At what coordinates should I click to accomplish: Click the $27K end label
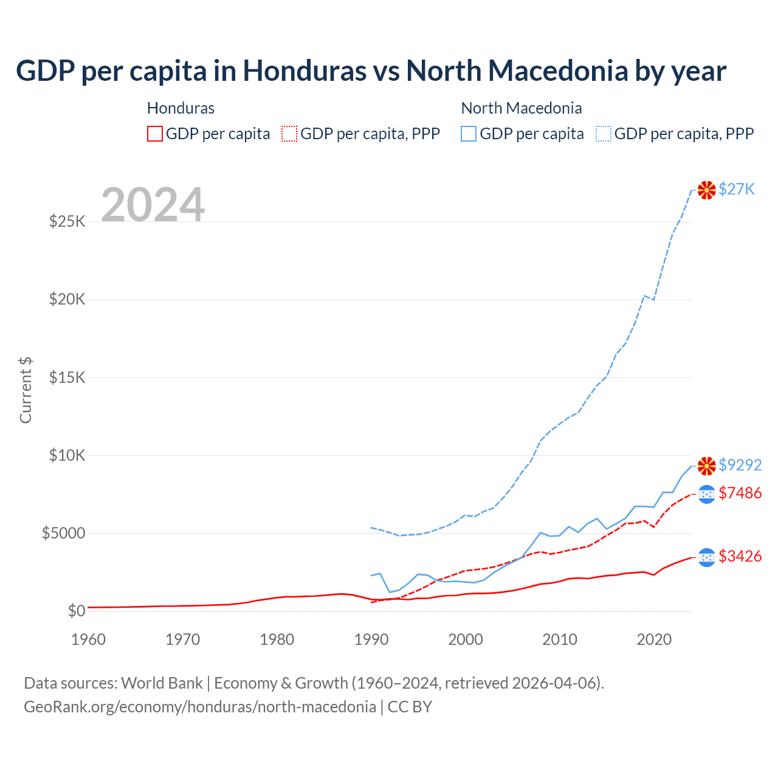736,189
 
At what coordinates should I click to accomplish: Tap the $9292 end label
740,465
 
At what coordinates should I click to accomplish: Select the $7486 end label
740,493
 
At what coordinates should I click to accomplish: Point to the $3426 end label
740,556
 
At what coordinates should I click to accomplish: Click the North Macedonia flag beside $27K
706,190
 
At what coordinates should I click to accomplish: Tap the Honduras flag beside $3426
706,557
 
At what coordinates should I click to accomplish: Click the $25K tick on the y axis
67,221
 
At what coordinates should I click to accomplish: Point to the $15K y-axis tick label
67,377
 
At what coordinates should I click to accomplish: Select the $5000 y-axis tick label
63,534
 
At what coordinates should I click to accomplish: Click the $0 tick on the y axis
76,611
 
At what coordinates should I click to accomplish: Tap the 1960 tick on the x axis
88,639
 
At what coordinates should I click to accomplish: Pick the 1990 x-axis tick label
371,639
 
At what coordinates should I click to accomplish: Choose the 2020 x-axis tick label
653,639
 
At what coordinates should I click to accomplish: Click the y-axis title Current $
26,390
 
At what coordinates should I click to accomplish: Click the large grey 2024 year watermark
153,205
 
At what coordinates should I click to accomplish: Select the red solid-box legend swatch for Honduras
155,134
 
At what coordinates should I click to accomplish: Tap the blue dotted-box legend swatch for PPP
604,134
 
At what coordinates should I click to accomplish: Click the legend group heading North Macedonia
522,108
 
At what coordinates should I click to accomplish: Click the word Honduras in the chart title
305,71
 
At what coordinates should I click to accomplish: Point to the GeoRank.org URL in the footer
200,707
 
